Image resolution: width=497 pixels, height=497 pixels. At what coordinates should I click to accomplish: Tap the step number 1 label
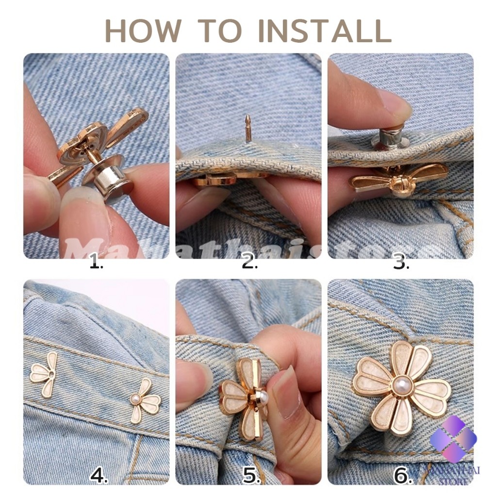97,264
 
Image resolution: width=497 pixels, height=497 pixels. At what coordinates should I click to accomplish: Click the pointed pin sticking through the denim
248,128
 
